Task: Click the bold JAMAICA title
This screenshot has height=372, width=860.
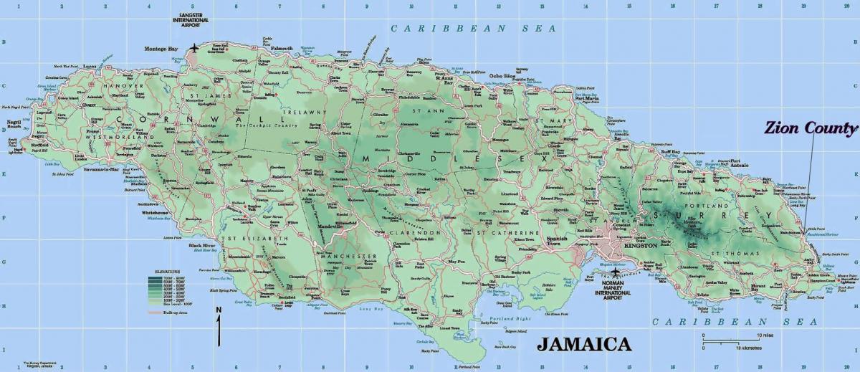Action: click(584, 343)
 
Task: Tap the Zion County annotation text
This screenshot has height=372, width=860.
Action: click(810, 129)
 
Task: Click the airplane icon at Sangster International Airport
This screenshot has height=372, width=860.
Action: click(194, 49)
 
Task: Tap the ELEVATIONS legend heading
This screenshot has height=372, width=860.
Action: click(165, 272)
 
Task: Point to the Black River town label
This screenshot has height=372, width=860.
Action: click(203, 246)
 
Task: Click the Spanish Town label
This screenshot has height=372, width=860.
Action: click(556, 240)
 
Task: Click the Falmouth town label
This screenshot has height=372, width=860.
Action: click(282, 48)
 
